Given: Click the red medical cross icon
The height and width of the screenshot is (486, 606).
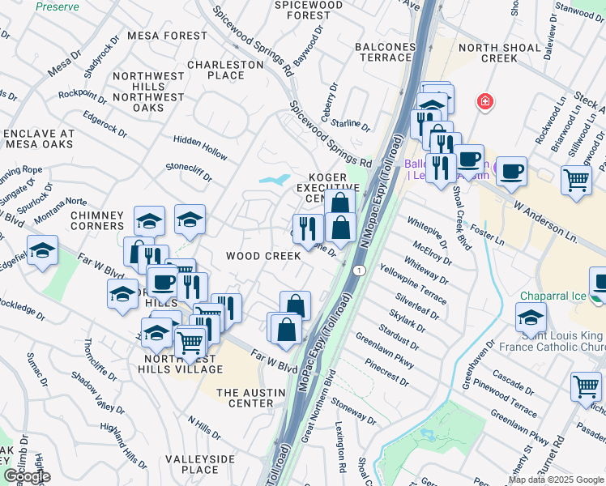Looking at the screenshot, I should (484, 102).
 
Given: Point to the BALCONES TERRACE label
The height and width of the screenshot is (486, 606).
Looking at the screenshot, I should (384, 52).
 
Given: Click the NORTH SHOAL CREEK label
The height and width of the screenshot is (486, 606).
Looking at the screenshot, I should (499, 53).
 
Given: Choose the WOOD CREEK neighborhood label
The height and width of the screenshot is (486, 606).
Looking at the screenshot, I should (263, 256).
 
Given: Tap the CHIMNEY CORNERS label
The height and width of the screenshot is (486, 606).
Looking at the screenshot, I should (97, 220).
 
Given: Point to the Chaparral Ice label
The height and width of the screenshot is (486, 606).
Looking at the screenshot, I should (553, 296).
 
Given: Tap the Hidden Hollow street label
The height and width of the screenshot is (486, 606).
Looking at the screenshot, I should (200, 151).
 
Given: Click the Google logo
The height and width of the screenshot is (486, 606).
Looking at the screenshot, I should (27, 476).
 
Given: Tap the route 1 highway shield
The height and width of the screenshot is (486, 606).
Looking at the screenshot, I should (357, 268).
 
